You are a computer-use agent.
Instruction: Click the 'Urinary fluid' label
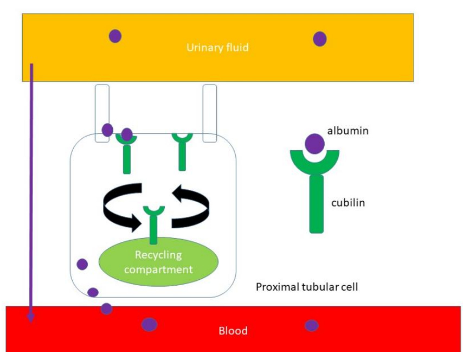[x=217, y=48]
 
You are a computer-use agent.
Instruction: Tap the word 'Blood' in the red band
[x=233, y=331]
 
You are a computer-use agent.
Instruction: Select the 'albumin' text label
[x=348, y=131]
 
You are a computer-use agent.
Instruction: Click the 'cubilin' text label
[x=348, y=203]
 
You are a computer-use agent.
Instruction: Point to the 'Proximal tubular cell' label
[x=307, y=286]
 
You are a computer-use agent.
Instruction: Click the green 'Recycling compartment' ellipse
[x=158, y=262]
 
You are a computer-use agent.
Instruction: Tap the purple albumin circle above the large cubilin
[x=314, y=144]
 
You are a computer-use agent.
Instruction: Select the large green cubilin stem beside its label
[x=316, y=204]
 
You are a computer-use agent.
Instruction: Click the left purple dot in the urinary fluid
[x=115, y=36]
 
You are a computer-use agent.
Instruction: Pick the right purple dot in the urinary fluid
[x=320, y=39]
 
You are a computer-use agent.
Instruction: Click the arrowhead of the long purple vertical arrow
[x=31, y=317]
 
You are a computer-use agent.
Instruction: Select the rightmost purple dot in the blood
[x=311, y=325]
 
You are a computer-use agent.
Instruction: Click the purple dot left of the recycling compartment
[x=82, y=264]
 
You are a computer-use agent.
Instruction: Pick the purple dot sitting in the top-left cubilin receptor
[x=127, y=134]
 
